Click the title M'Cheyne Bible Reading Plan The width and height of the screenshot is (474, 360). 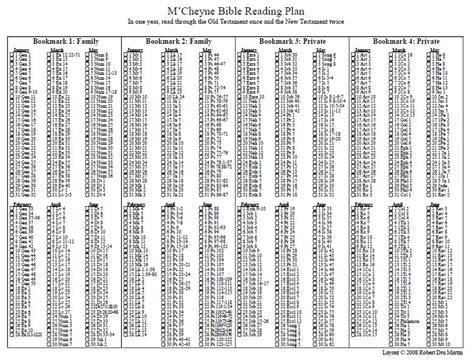pyautogui.click(x=236, y=8)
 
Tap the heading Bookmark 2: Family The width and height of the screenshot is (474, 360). pyautogui.click(x=177, y=39)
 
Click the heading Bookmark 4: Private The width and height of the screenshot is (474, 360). pyautogui.click(x=412, y=39)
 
